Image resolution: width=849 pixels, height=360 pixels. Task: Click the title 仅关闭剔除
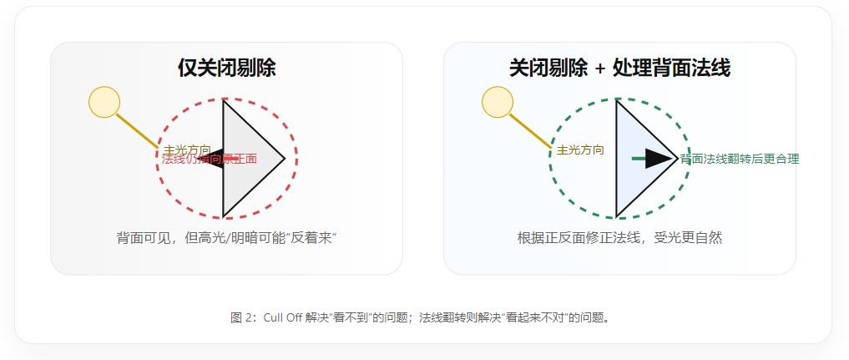point(226,68)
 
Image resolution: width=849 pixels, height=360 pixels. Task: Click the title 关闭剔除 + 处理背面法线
point(619,68)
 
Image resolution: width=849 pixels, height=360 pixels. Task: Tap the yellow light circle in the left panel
point(104,102)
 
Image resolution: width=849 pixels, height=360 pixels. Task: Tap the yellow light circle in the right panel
point(498,102)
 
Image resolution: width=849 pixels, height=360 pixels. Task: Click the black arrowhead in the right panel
point(660,159)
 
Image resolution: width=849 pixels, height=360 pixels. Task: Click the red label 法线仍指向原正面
point(210,159)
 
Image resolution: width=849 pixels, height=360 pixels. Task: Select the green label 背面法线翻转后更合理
point(740,159)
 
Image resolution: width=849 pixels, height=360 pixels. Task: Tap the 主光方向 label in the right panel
point(580,150)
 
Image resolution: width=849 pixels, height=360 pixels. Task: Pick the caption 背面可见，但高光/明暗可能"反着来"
point(226,238)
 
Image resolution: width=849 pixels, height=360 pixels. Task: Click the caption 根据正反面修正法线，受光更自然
point(619,238)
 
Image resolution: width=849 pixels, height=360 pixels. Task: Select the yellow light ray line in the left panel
point(135,129)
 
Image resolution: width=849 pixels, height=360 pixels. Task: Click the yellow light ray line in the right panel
point(529,129)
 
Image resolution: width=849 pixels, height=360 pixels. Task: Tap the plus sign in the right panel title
point(600,69)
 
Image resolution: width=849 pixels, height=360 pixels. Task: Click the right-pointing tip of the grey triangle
point(282,159)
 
